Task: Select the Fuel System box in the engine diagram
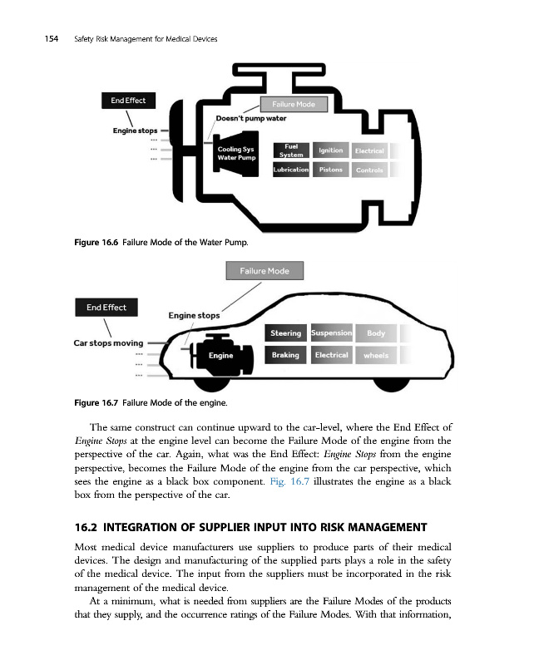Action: tap(291, 150)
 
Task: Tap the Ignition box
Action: tap(330, 150)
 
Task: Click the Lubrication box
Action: tap(291, 170)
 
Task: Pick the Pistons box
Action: tap(330, 170)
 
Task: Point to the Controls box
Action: tap(368, 170)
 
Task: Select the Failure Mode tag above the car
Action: tap(265, 271)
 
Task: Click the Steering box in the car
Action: tap(285, 333)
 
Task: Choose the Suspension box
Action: tap(331, 333)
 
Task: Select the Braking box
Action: tap(285, 355)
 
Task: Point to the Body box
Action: tap(376, 334)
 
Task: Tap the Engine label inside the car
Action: tap(220, 356)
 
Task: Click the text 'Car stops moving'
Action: tap(108, 342)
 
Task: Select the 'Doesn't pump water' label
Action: tap(250, 119)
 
